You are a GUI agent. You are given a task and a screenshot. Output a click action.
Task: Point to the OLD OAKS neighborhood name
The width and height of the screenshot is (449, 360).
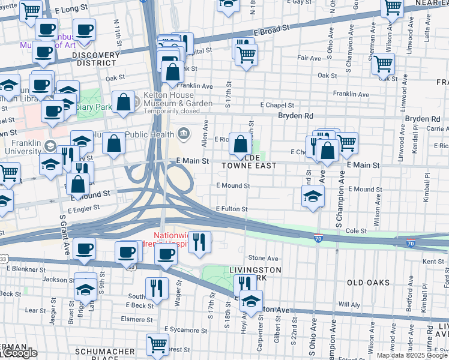(367, 282)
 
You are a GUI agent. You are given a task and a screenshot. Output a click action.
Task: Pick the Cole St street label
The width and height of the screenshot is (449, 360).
(356, 230)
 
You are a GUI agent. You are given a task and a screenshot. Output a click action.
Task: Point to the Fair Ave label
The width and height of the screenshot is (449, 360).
(309, 58)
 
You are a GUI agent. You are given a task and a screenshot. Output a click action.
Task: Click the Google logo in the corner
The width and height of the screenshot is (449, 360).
(19, 353)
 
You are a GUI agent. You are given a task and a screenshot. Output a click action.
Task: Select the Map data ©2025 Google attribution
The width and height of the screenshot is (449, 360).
(412, 355)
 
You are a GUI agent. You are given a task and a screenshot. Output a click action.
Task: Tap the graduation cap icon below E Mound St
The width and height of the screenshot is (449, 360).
(312, 197)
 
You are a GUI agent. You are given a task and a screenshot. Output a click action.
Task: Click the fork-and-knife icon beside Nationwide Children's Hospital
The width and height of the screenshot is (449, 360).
(199, 242)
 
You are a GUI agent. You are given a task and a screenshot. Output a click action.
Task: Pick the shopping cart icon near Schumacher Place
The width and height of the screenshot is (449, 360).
(157, 345)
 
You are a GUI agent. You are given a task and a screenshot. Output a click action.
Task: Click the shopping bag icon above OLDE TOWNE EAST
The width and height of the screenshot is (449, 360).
(240, 144)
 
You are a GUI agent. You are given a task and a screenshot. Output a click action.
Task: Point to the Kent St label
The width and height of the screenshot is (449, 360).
(433, 262)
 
